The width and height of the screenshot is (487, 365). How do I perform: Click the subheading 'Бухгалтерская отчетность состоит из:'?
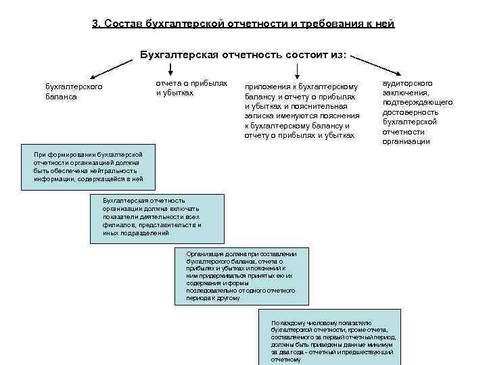(243, 53)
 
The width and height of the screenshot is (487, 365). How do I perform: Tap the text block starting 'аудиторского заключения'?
(408, 112)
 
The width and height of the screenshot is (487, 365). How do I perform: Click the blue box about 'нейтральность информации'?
(89, 166)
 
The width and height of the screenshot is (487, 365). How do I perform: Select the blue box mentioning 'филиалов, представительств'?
(156, 218)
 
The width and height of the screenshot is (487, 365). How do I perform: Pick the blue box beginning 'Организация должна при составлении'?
(241, 275)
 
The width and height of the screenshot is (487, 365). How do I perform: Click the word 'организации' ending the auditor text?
(406, 141)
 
